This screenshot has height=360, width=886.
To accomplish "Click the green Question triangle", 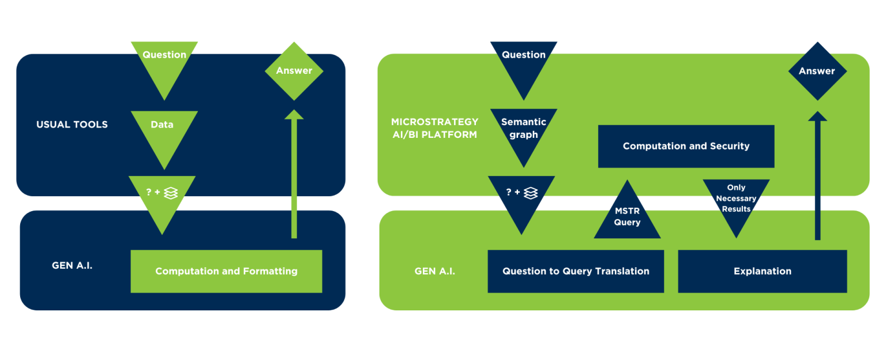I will [x=164, y=61].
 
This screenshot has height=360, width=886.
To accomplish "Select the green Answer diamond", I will [x=294, y=70].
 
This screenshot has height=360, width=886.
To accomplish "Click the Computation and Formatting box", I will [x=226, y=271].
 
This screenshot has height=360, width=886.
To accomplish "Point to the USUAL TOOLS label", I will [x=72, y=125].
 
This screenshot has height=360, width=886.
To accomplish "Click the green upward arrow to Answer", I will [x=294, y=173].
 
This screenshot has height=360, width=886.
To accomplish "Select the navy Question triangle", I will [x=524, y=61].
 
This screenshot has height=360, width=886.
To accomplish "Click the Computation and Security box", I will [x=686, y=147].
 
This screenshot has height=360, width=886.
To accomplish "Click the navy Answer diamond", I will [x=817, y=71].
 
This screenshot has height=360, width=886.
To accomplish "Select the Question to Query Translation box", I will [x=576, y=271].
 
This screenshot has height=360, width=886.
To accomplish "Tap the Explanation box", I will [x=762, y=271].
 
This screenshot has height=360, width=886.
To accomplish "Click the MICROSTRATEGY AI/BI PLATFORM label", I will [x=434, y=128].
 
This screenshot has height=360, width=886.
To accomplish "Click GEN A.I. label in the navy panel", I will [x=72, y=266].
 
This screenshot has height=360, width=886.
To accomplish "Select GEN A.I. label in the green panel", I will [x=434, y=271].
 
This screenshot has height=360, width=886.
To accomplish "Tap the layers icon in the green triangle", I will [x=171, y=193].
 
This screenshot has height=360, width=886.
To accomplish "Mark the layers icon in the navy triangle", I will [x=531, y=193].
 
